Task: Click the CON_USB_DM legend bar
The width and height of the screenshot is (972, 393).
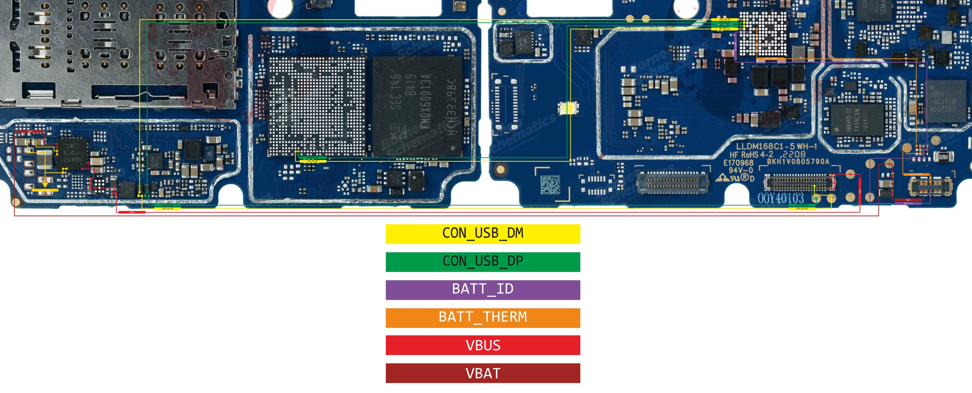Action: tap(482, 234)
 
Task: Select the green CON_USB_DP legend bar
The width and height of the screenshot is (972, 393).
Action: tap(482, 262)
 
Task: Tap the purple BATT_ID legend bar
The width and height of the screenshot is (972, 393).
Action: tap(482, 290)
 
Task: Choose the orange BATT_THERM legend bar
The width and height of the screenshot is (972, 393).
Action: tap(482, 318)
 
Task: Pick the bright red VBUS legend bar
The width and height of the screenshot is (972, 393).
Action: tap(482, 345)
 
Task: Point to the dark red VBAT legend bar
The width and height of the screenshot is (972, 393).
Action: tap(482, 373)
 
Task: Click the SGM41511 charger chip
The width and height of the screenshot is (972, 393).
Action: tap(72, 153)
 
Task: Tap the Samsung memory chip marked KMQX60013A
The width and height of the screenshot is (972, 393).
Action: tap(417, 106)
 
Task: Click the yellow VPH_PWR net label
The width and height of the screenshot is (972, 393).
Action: tap(45, 190)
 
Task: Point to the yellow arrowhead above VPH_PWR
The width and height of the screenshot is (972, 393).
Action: tap(45, 185)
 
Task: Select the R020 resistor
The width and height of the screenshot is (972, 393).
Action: tap(943, 157)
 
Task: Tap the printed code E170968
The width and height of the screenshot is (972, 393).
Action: tap(738, 163)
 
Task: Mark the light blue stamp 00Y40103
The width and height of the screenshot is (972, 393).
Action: tap(780, 198)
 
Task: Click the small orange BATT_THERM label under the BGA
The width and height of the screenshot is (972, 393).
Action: tap(771, 59)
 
